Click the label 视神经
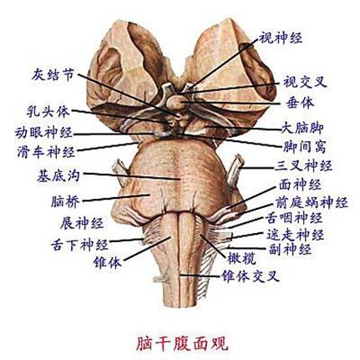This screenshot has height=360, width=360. click(281, 38)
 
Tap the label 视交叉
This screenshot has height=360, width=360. click(305, 83)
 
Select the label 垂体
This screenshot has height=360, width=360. click(300, 103)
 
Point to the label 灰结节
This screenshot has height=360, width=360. click(53, 74)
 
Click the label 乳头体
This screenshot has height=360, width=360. click(48, 111)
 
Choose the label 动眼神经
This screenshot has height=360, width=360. click(43, 133)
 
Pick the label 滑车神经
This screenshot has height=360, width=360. click(46, 152)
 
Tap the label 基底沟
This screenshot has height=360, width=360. click(58, 175)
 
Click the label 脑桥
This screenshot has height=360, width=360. click(65, 201)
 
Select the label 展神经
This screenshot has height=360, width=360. click(82, 223)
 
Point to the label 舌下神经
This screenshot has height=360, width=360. click(79, 245)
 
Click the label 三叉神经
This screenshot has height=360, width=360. click(304, 166)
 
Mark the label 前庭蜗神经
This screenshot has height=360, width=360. click(312, 203)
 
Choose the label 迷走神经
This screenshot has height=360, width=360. click(296, 235)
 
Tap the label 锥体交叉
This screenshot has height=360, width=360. click(250, 276)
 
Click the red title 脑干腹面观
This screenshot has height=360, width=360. click(182, 343)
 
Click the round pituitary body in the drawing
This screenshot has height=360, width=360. click(177, 103)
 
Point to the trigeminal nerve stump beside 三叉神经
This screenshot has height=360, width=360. click(236, 170)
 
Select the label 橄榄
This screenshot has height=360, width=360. click(241, 259)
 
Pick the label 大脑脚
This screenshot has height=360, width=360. click(302, 128)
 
